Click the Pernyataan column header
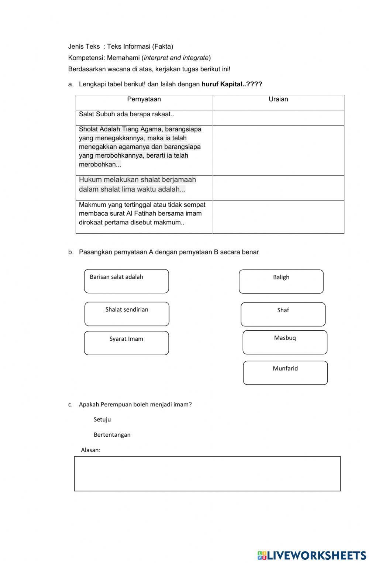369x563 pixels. (x=144, y=99)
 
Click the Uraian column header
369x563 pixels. (x=278, y=99)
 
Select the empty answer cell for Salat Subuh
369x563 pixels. (x=278, y=118)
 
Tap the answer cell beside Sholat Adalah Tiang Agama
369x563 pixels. (x=278, y=150)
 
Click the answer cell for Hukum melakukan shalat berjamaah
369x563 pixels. (x=278, y=188)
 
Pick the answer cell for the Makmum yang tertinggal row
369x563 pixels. (x=278, y=217)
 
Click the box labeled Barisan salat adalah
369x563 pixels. (x=126, y=281)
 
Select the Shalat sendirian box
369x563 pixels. (x=127, y=314)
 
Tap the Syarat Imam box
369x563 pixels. (x=126, y=343)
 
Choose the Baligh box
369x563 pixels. (x=281, y=282)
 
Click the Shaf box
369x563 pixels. (x=283, y=315)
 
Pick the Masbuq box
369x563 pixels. (x=285, y=342)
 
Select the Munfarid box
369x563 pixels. (x=285, y=373)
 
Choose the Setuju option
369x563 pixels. (x=102, y=419)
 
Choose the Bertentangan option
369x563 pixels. (x=112, y=435)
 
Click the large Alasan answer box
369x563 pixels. (x=207, y=474)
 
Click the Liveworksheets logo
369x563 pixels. (x=312, y=556)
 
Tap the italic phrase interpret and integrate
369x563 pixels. (x=176, y=58)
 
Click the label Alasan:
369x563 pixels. (x=91, y=450)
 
